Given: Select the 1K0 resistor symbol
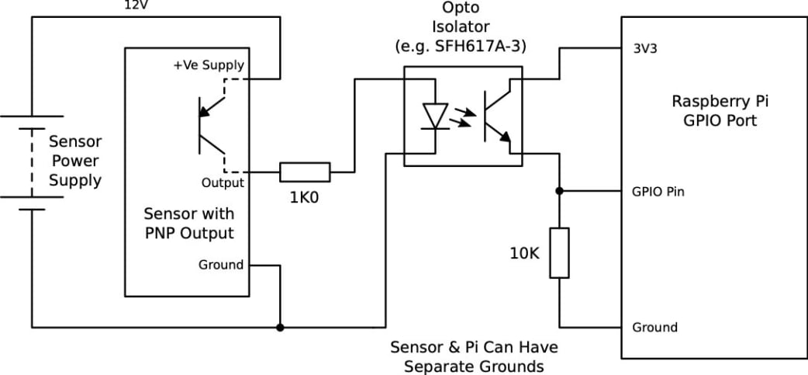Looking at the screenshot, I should click(x=305, y=172).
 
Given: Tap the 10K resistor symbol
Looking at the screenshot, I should click(x=559, y=253).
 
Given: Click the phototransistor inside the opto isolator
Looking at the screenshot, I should click(x=496, y=116).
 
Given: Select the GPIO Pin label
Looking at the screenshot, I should click(x=658, y=191).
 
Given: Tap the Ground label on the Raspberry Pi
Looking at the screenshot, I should click(x=654, y=327).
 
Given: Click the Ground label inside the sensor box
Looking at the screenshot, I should click(x=221, y=265).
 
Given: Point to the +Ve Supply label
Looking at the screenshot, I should click(x=208, y=65).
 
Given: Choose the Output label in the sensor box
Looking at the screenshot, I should click(x=223, y=183).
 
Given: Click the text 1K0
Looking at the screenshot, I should click(x=305, y=197).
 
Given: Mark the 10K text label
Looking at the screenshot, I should click(x=525, y=252).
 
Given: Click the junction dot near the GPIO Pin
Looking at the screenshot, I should click(x=559, y=190).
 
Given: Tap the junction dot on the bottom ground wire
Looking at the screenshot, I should click(x=280, y=327).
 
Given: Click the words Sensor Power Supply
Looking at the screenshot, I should click(x=75, y=161).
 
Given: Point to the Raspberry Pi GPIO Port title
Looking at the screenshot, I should click(x=714, y=111).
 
